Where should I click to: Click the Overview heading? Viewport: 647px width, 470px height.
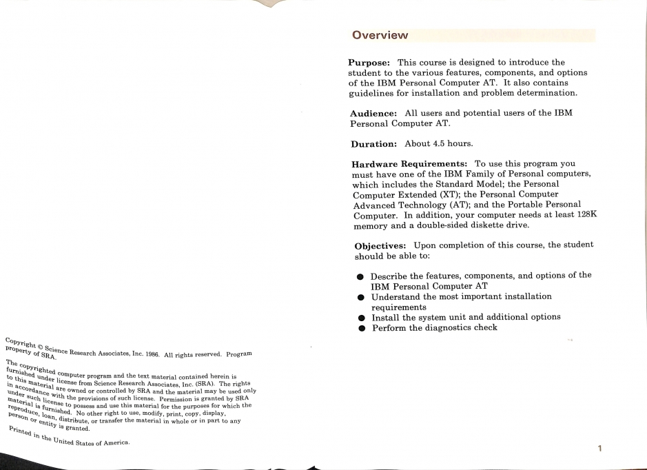(x=380, y=35)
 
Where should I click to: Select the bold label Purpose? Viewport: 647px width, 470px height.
(x=373, y=63)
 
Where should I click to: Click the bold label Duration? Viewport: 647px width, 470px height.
(x=373, y=143)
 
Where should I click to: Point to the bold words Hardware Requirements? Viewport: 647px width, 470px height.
(x=411, y=165)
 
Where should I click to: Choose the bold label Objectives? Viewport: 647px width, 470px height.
(x=380, y=245)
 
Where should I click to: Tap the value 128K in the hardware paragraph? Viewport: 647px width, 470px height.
(x=583, y=214)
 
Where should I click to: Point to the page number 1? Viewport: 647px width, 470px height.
(x=599, y=449)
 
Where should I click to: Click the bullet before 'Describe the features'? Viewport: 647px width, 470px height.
(x=360, y=276)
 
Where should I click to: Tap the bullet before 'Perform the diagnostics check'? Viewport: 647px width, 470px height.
(x=360, y=328)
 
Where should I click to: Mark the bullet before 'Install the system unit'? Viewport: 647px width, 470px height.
(x=360, y=318)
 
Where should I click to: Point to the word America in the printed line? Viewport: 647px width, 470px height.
(x=112, y=443)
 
